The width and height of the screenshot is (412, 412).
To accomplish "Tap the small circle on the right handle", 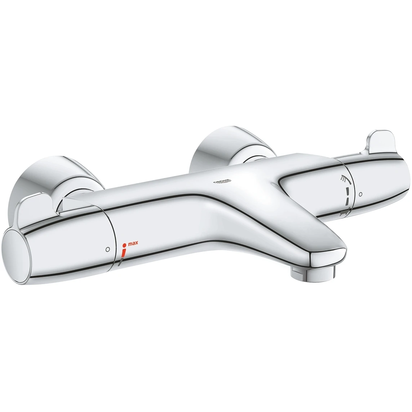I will click(361, 194).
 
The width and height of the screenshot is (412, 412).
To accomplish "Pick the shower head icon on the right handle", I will click(345, 178).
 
